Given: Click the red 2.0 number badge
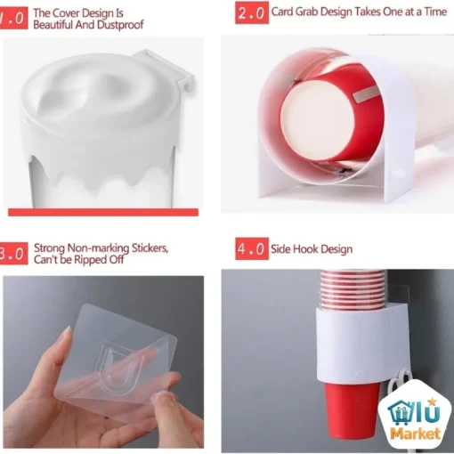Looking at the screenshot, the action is [252, 12].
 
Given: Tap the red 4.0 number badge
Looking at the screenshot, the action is [252, 248].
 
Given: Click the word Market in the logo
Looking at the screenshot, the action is [415, 434].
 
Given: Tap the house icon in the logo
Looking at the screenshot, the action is [400, 412].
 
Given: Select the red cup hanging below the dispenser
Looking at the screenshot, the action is [352, 411].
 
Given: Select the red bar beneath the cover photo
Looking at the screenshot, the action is [103, 212].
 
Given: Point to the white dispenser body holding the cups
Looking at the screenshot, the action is [361, 345].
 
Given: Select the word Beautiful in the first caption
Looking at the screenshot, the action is [53, 25].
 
